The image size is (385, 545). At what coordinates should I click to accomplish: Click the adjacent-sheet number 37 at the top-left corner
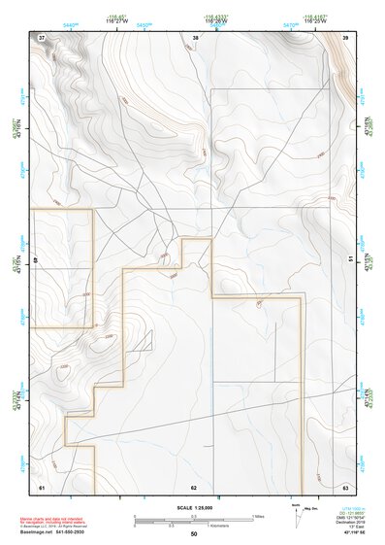point(42,37)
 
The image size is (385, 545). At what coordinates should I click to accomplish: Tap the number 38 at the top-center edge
point(195,37)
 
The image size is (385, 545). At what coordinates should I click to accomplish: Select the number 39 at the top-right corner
point(346,37)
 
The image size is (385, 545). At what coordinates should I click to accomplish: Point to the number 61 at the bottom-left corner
point(42,486)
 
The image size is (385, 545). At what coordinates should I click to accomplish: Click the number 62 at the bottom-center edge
point(194,486)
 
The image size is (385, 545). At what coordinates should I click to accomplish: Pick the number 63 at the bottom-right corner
point(346,486)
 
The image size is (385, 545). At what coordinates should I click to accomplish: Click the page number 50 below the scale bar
point(194,533)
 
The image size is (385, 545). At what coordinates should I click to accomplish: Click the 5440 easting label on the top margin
point(70,22)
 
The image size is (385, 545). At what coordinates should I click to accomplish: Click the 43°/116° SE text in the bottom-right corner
point(346,533)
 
